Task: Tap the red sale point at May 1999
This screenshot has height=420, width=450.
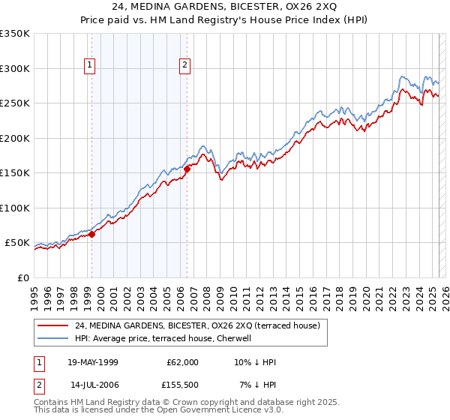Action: click(x=92, y=234)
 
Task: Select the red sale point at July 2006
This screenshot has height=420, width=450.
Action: click(x=187, y=169)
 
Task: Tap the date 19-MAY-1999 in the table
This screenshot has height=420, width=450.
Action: click(x=93, y=362)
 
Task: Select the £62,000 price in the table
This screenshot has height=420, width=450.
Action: click(x=183, y=362)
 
